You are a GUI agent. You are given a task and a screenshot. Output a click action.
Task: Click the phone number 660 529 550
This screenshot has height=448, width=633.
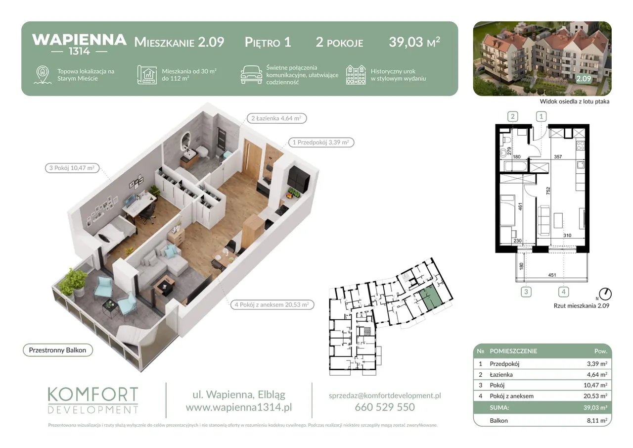pyautogui.click(x=385, y=407)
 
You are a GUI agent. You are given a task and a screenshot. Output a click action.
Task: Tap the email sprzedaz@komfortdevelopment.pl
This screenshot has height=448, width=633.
pyautogui.click(x=385, y=396)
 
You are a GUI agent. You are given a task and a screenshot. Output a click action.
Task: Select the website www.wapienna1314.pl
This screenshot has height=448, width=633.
pyautogui.click(x=239, y=407)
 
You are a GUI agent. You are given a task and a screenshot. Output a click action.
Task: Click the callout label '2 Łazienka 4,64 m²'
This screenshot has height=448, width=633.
pyautogui.click(x=276, y=118)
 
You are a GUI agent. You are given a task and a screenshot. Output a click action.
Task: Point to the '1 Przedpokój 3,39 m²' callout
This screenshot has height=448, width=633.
pyautogui.click(x=321, y=142)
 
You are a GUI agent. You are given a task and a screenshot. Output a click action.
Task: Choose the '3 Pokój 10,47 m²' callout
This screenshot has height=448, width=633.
pyautogui.click(x=72, y=168)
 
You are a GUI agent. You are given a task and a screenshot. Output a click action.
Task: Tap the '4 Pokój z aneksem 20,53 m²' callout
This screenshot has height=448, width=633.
pyautogui.click(x=272, y=304)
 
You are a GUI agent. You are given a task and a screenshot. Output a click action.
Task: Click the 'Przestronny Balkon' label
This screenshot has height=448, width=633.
pyautogui.click(x=58, y=350)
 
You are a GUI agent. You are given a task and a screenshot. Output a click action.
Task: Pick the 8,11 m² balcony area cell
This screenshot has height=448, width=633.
pyautogui.click(x=597, y=421)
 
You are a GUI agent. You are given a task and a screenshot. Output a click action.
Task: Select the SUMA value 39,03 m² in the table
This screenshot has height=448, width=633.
pyautogui.click(x=595, y=407)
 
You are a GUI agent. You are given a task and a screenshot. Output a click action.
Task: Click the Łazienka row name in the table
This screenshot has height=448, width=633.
pyautogui.click(x=501, y=375)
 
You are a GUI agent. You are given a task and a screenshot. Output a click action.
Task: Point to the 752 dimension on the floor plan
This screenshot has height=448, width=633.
pyautogui.click(x=548, y=191)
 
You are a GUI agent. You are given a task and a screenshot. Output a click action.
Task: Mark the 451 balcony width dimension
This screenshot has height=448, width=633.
pyautogui.click(x=552, y=275)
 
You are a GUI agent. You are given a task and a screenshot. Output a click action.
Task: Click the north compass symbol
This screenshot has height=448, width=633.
pyautogui.click(x=605, y=294)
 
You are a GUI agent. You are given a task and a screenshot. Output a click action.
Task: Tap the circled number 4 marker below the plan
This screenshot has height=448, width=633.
pyautogui.click(x=563, y=292)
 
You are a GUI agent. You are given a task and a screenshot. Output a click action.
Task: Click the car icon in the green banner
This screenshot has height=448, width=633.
pyautogui.click(x=251, y=75)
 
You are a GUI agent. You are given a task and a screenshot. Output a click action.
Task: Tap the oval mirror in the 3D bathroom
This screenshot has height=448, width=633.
pyautogui.click(x=186, y=141)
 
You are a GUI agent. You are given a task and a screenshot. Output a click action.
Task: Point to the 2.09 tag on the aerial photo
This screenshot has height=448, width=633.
pyautogui.click(x=584, y=78)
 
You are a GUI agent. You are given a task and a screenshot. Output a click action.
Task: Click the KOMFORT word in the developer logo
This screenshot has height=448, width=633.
pyautogui.click(x=93, y=395)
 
